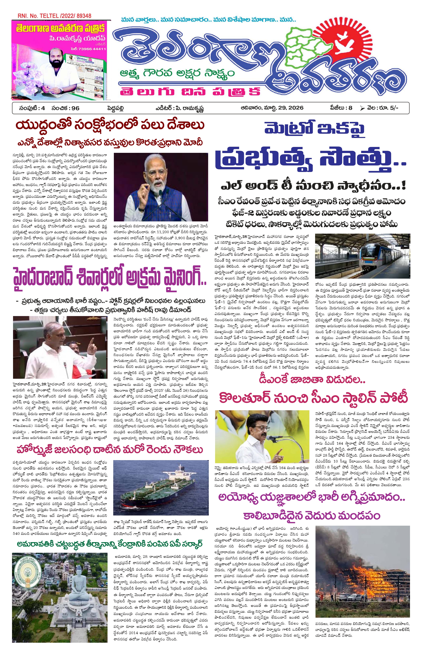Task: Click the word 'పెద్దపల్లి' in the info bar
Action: coord(115,108)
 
